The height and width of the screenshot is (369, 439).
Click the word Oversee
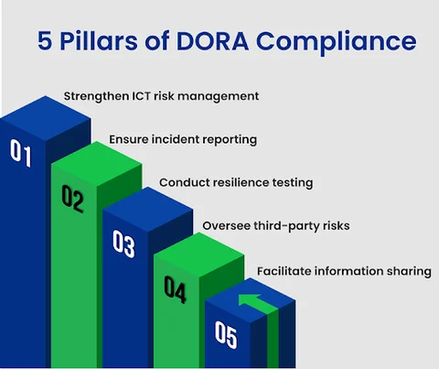click(x=226, y=226)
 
